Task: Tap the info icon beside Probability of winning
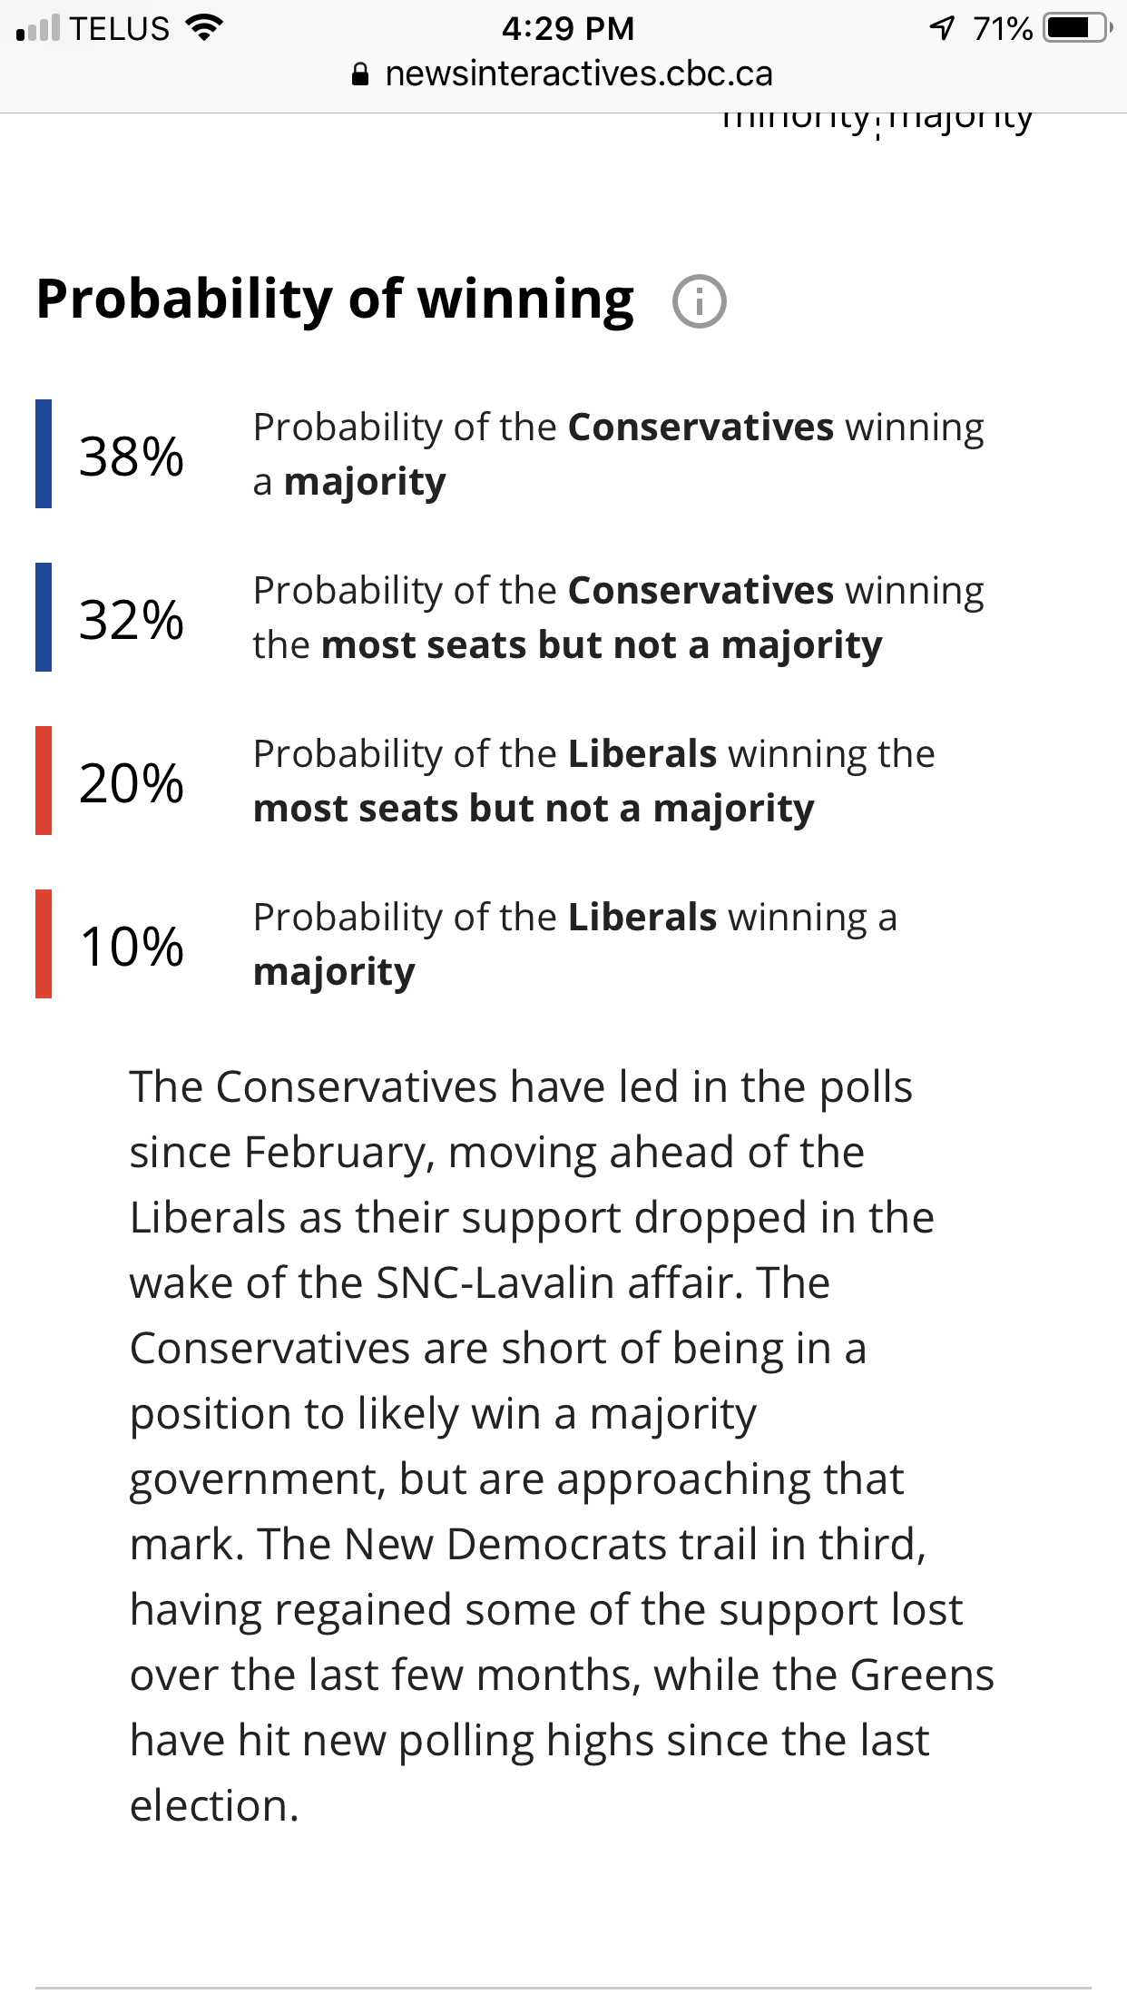[699, 301]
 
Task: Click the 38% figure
[132, 456]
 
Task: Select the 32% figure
[132, 619]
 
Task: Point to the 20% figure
[132, 782]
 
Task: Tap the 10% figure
[132, 946]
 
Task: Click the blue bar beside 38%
[44, 454]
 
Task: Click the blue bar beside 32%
[44, 617]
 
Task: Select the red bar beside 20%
[44, 781]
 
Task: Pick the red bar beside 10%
[44, 944]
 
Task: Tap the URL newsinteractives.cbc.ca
[578, 74]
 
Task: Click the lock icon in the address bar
[360, 74]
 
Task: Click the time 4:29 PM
[567, 28]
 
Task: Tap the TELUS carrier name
[120, 28]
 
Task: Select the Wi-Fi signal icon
[204, 28]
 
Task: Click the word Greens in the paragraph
[921, 1675]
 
